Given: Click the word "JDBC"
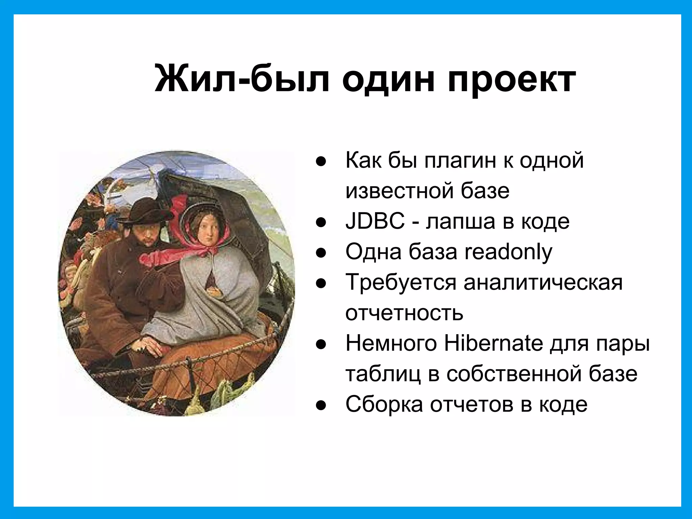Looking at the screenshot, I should coord(375,221).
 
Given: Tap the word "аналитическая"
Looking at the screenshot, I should coord(543,282).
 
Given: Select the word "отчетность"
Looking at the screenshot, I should coord(404,313).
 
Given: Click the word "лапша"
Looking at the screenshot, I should coord(460,222).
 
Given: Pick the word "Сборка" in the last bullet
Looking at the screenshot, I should coord(384,405).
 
